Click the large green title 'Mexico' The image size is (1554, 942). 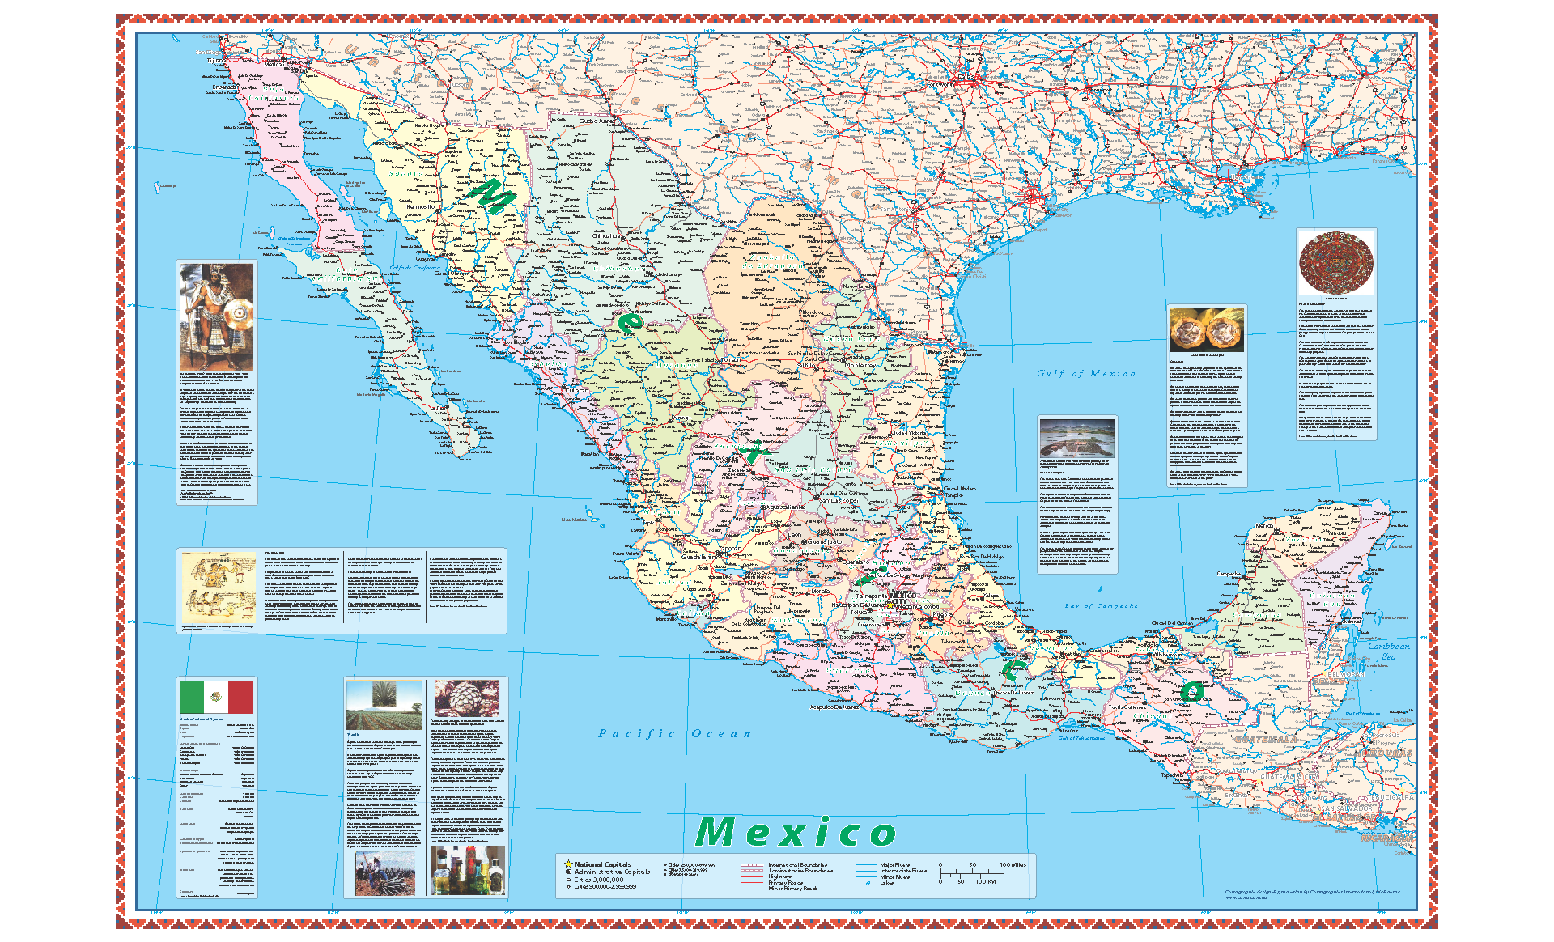[796, 832]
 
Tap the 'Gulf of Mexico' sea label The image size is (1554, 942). [1086, 373]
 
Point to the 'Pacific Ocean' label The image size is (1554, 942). [674, 733]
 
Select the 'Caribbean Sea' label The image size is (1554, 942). [1388, 651]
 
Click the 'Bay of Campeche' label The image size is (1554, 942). [1101, 605]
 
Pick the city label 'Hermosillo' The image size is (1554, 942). [420, 206]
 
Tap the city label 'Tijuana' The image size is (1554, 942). [214, 61]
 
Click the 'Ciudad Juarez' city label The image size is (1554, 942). [597, 121]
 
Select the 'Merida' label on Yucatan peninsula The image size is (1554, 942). [1263, 526]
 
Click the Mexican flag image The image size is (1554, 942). [215, 697]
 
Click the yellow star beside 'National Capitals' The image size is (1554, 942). [568, 864]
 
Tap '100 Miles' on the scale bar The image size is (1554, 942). [1013, 864]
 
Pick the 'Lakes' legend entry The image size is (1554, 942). [887, 883]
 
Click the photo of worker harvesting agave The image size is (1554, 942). [384, 872]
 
